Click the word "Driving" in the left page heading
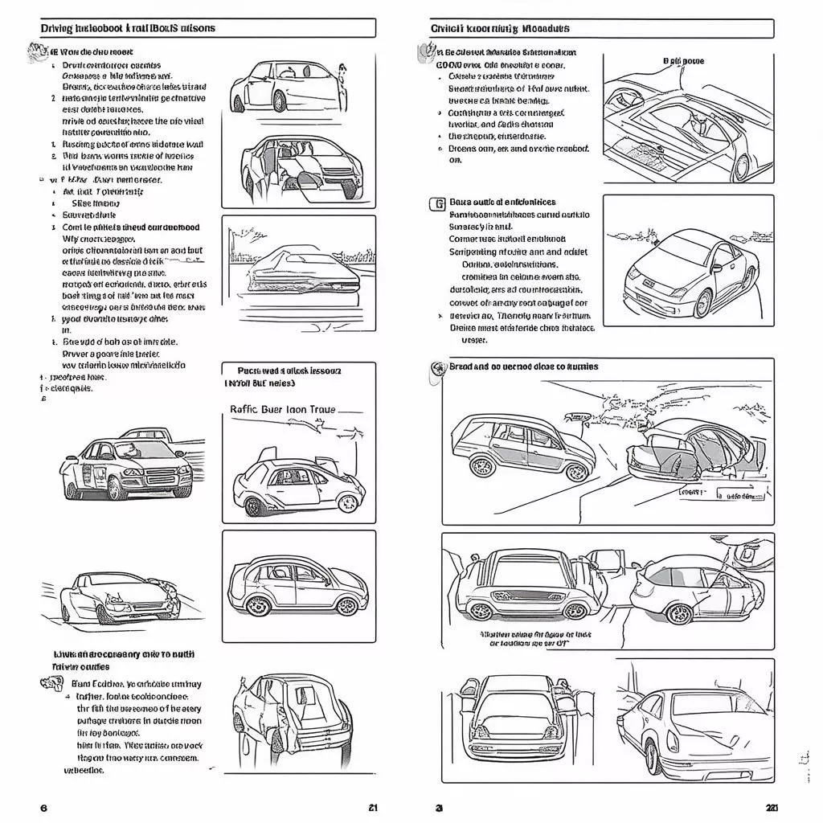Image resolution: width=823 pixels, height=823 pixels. point(56,28)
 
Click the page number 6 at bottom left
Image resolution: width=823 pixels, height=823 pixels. point(43,808)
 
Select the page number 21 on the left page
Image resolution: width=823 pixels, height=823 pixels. point(373,808)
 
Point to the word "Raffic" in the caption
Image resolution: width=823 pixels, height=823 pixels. point(248,408)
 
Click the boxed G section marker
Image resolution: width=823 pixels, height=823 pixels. point(438,203)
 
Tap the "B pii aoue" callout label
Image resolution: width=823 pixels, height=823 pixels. point(683,61)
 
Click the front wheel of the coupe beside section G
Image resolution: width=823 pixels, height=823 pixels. point(704,303)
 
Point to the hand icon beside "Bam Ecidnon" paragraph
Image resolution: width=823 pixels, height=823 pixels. point(51,684)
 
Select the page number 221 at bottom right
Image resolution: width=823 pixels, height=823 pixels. point(771,808)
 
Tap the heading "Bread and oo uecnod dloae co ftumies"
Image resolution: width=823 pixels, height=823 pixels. point(523,366)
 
